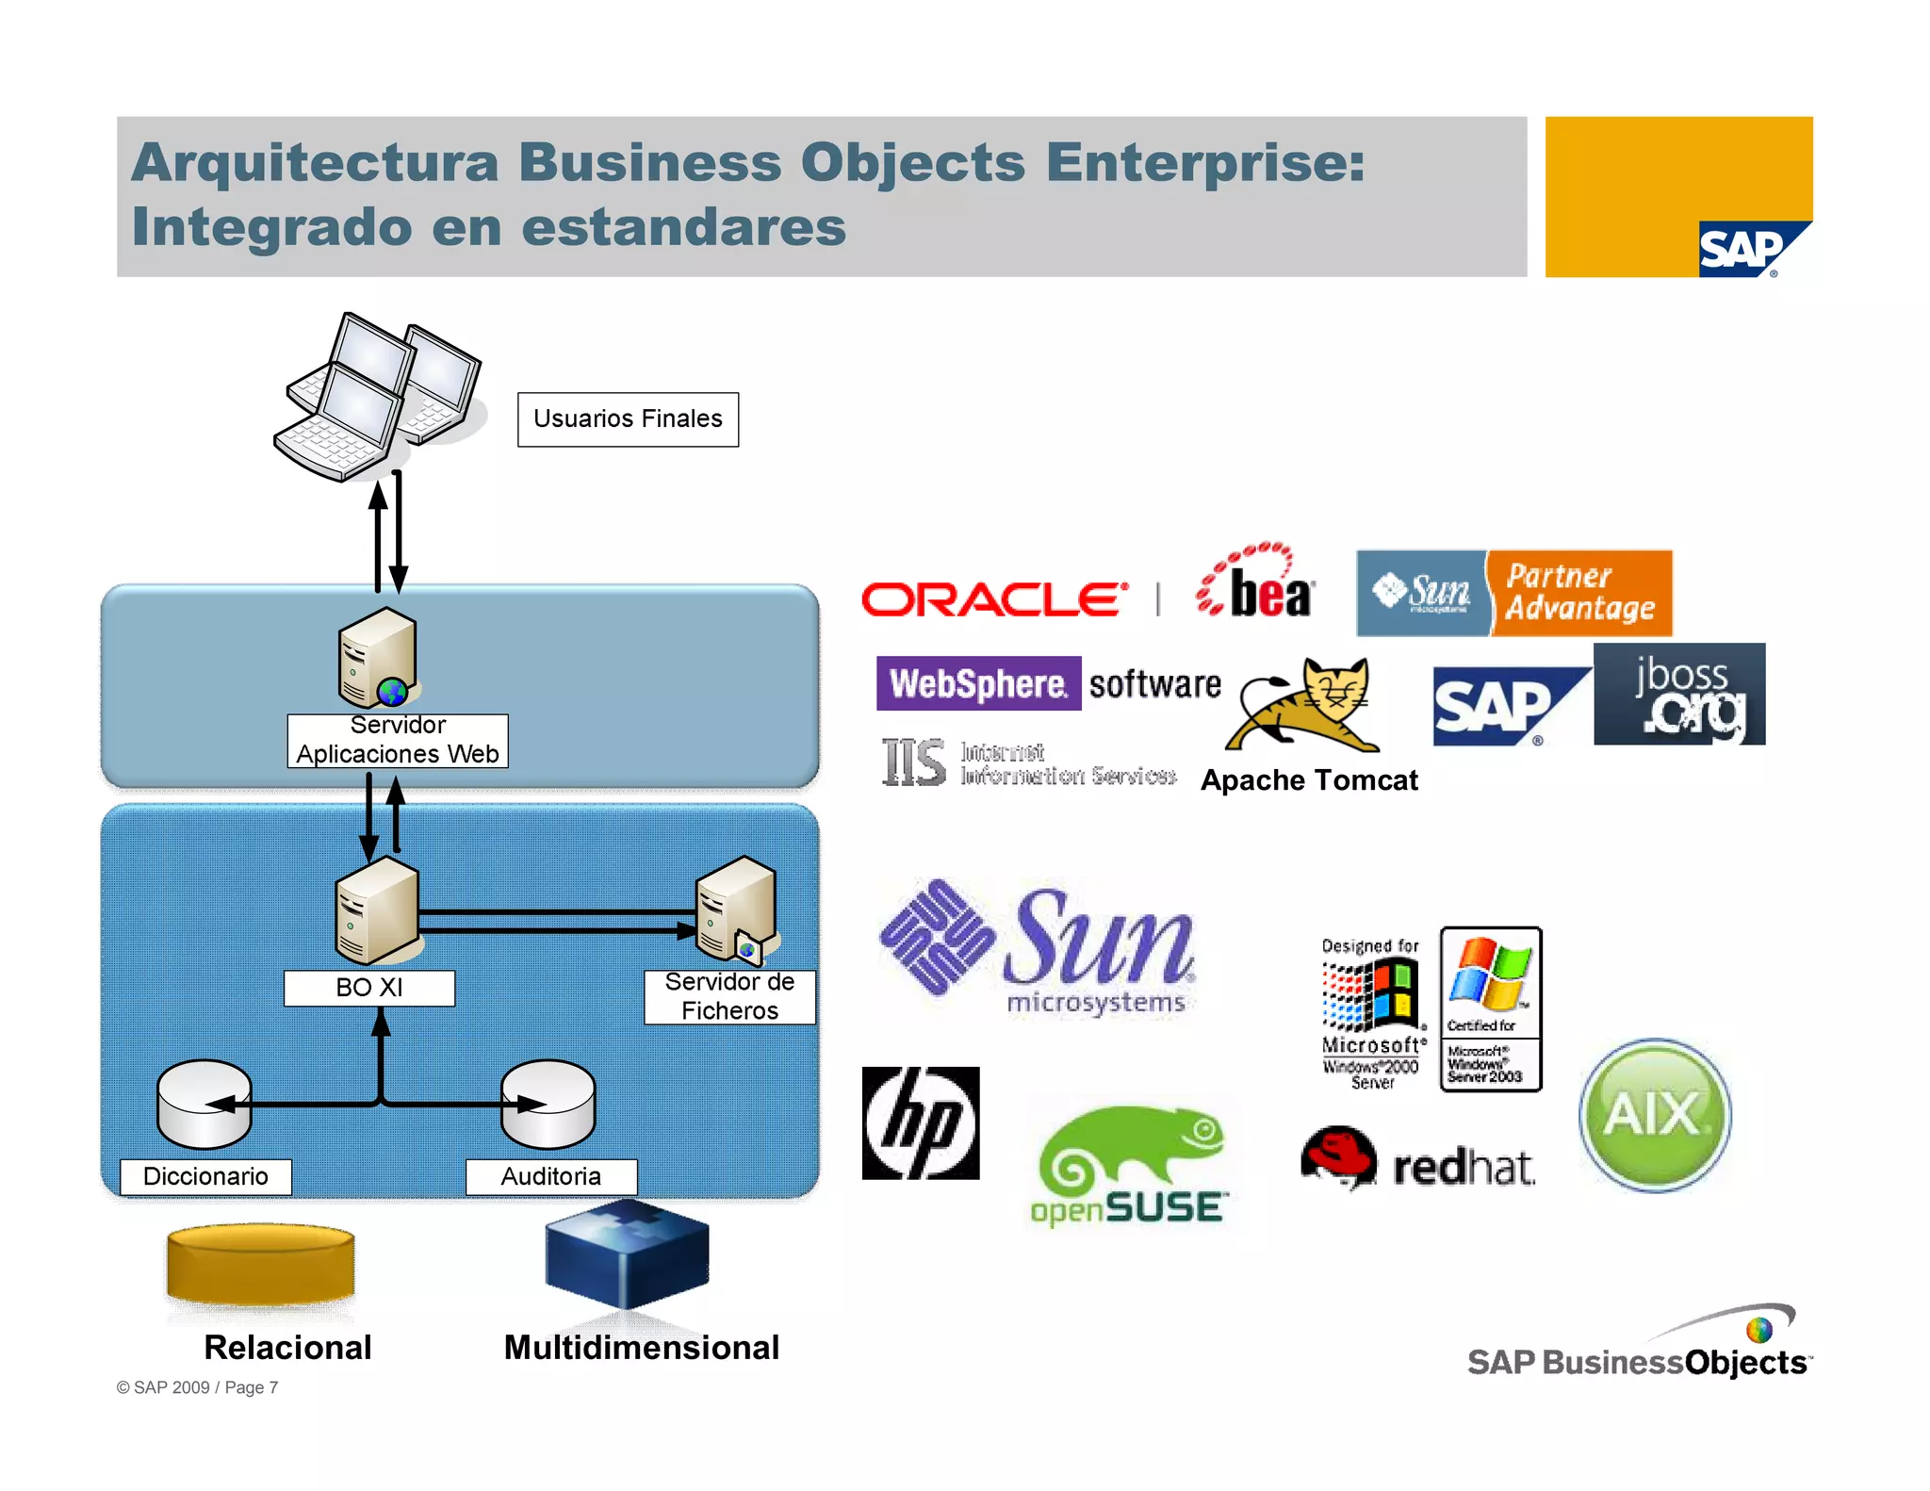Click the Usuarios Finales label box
(628, 419)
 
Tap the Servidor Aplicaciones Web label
(397, 740)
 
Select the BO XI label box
(368, 988)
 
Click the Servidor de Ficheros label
(729, 996)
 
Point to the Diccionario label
(205, 1176)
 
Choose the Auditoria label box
(550, 1176)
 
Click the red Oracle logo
(993, 599)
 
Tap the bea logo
(1257, 583)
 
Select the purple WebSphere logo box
(978, 683)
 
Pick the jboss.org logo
(1679, 695)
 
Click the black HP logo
(921, 1122)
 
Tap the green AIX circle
(1655, 1115)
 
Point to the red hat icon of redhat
(1338, 1155)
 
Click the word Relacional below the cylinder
(287, 1348)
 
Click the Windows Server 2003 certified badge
(1491, 1009)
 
